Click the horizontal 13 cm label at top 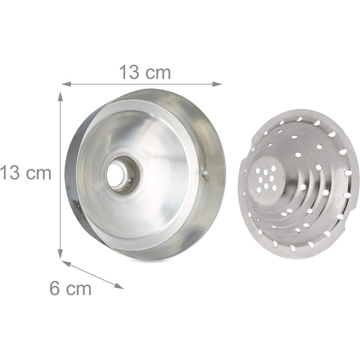tap(145, 72)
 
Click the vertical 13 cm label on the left tap(26, 173)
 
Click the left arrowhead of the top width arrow tap(66, 84)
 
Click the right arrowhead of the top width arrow tap(217, 84)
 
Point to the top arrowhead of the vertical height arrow tap(60, 96)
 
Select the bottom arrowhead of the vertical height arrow tap(60, 254)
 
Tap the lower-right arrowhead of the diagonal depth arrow tap(119, 286)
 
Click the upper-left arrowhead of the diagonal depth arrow tap(66, 263)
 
